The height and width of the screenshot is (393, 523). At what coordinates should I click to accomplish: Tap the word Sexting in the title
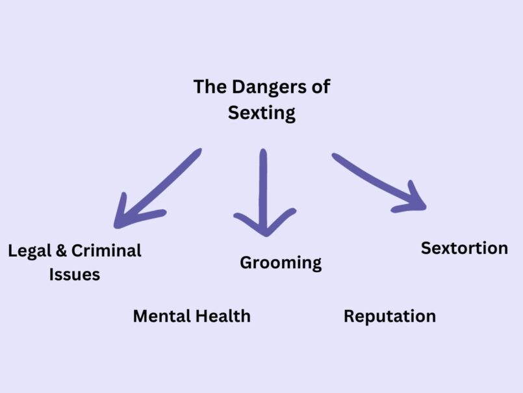click(x=262, y=113)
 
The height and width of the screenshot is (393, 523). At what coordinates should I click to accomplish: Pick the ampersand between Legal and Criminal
click(x=61, y=251)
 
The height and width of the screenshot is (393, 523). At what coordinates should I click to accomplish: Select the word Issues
click(x=75, y=274)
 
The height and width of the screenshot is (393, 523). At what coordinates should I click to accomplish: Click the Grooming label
click(x=281, y=262)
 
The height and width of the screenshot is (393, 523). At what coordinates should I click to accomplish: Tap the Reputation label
click(x=389, y=316)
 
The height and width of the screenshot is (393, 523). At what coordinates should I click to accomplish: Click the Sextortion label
click(x=464, y=247)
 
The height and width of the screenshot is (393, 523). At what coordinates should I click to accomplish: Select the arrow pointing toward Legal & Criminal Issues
click(x=157, y=189)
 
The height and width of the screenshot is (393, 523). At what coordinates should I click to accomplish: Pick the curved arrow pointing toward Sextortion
click(x=377, y=181)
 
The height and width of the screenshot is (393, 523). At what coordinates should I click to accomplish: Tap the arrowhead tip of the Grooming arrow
click(x=264, y=233)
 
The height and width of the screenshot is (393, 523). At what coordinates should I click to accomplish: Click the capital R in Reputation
click(x=349, y=316)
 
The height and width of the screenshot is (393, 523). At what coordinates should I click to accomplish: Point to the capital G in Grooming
click(x=246, y=262)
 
